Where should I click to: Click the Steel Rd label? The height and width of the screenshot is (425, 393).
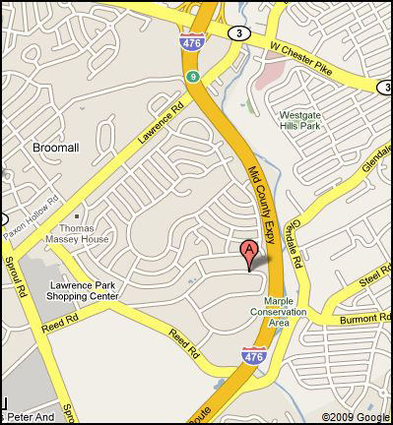pyautogui.click(x=374, y=281)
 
